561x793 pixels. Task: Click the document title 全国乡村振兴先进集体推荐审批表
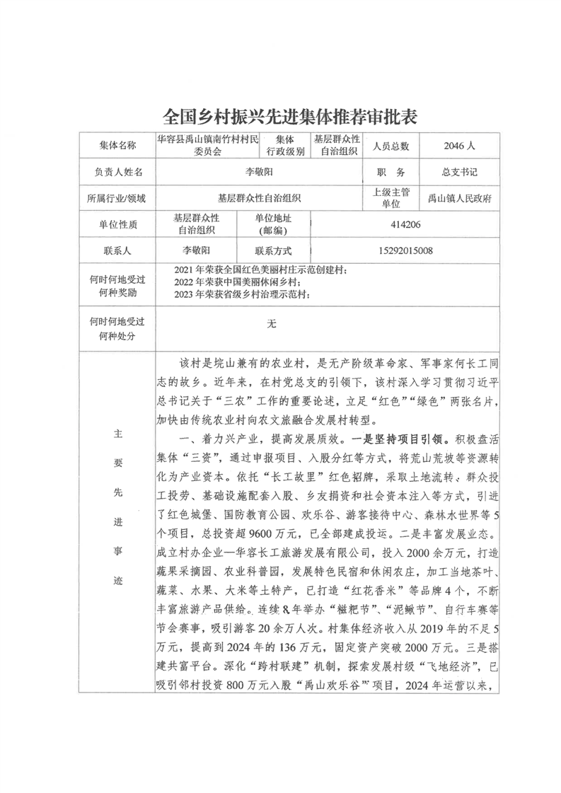[279, 115]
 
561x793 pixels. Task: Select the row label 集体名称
[117, 146]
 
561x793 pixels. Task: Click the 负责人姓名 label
[117, 172]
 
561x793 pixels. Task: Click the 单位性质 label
[117, 225]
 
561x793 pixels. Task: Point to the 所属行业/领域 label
[117, 199]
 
